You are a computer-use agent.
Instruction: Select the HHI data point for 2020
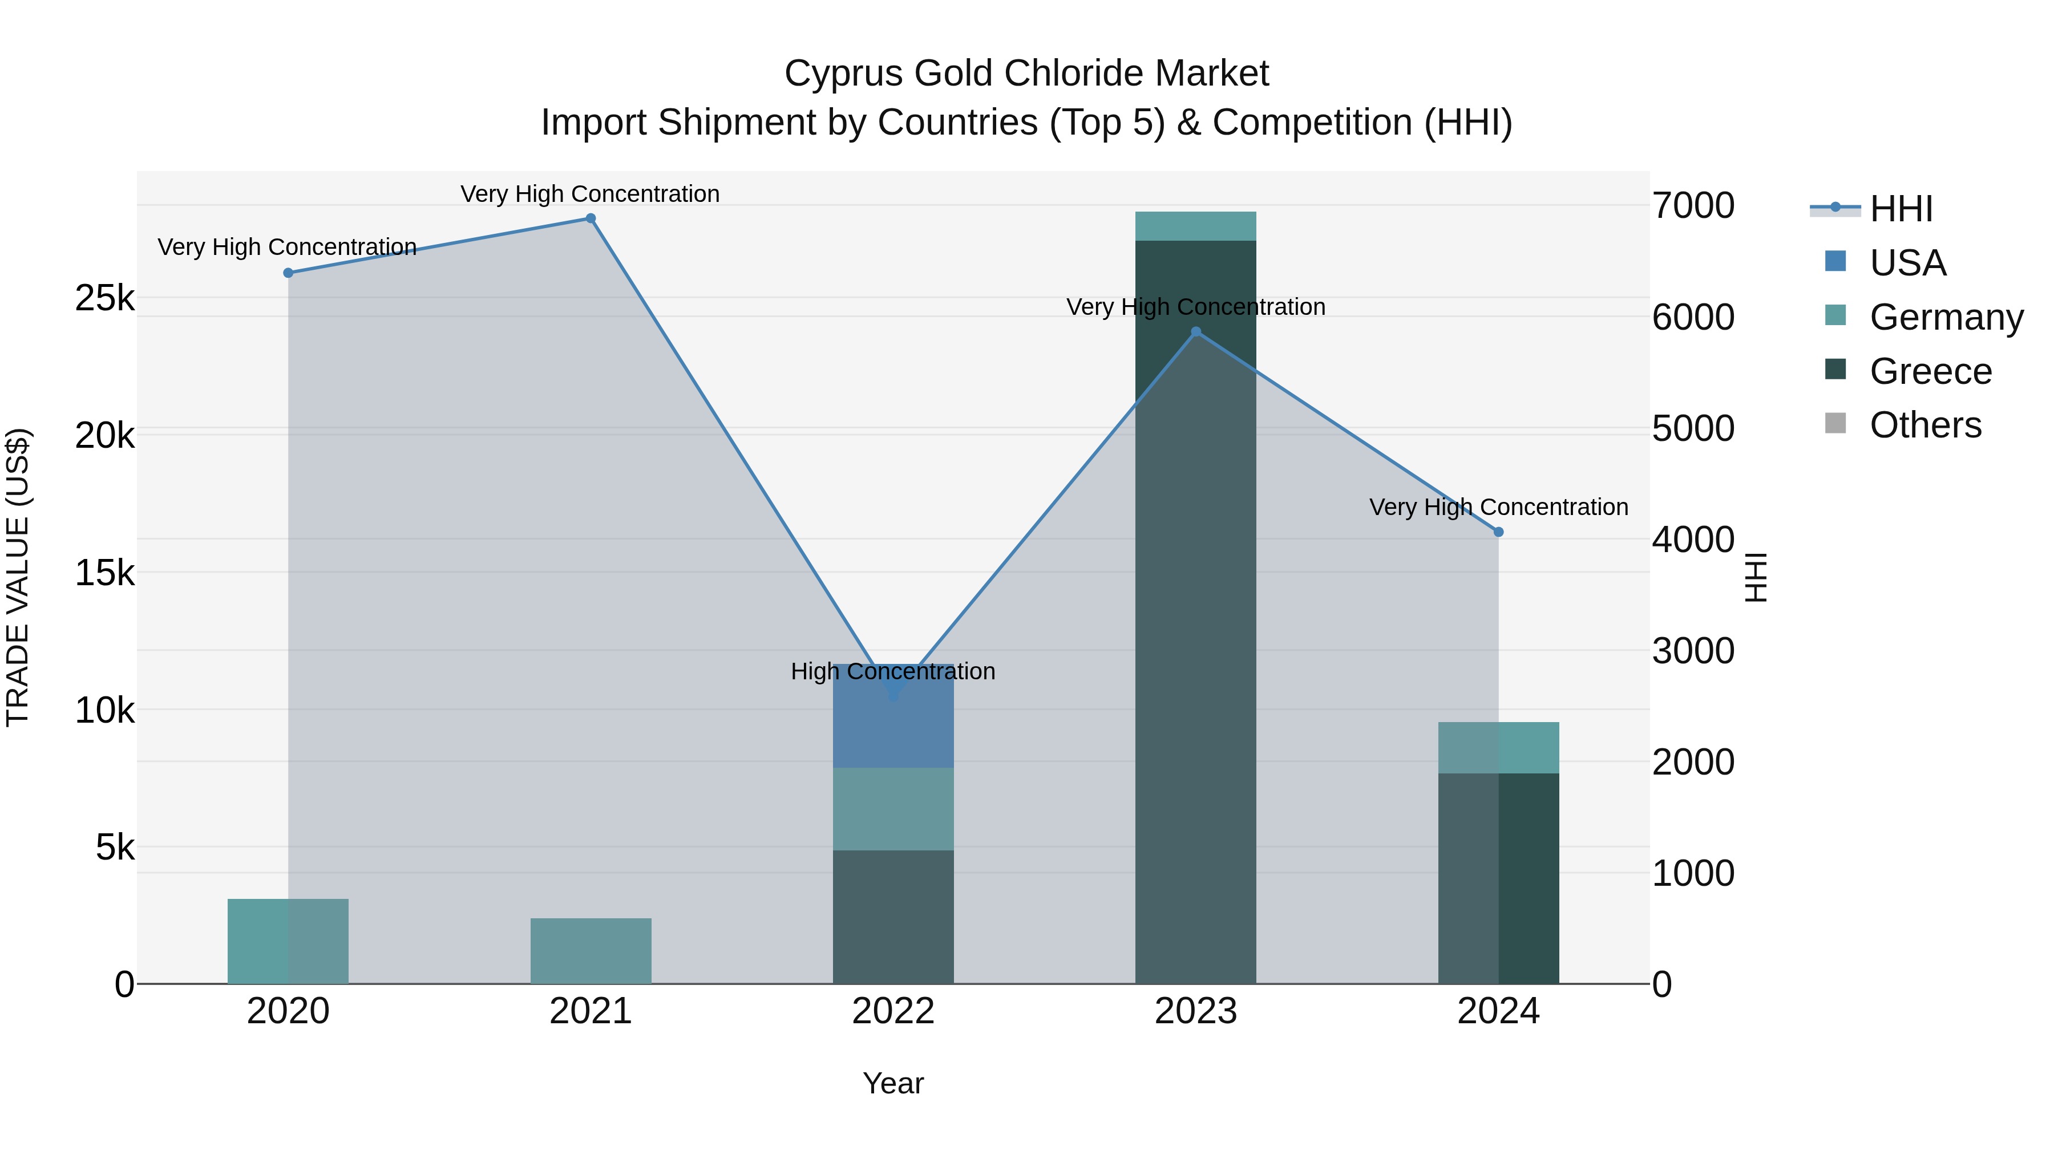coord(289,273)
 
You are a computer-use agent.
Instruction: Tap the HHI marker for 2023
coord(1195,331)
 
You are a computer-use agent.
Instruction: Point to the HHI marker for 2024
coord(1498,532)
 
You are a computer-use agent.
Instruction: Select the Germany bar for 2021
coord(591,950)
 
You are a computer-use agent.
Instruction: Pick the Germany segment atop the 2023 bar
coord(1195,226)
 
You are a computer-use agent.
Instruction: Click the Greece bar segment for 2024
coord(1498,877)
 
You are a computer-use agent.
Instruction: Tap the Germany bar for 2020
coord(289,941)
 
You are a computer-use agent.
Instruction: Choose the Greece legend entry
coord(1930,371)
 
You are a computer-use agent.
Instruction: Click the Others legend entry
coord(1925,425)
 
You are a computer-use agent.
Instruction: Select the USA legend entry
coord(1907,263)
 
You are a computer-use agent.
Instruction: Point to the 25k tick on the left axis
coord(105,299)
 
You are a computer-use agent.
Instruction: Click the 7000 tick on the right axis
coord(1693,206)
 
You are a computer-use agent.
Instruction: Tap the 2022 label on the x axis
coord(893,1011)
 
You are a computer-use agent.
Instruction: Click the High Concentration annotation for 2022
coord(893,671)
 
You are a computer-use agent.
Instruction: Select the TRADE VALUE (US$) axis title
coord(18,577)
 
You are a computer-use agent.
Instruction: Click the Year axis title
coord(893,1083)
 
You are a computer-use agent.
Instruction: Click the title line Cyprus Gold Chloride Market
coord(1026,74)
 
